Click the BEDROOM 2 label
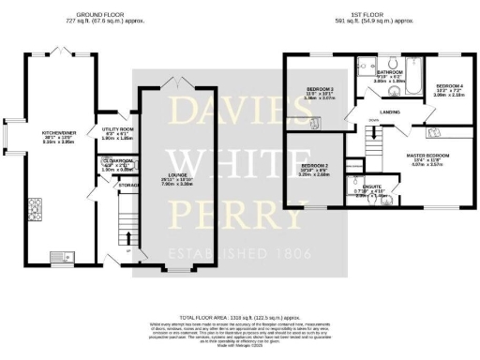click(x=310, y=164)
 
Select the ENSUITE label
click(x=372, y=187)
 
